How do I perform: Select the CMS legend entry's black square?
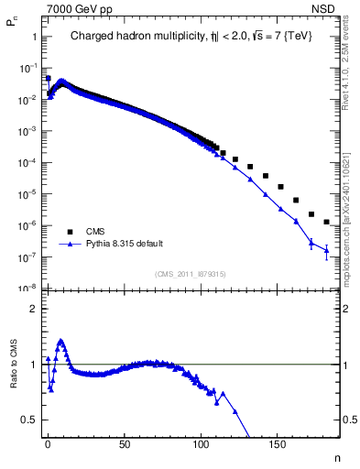[x=64, y=231]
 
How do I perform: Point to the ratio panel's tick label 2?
[x=33, y=309]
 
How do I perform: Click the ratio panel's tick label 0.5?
[x=29, y=420]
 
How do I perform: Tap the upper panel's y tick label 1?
[x=33, y=37]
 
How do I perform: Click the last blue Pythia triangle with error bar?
[x=326, y=250]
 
